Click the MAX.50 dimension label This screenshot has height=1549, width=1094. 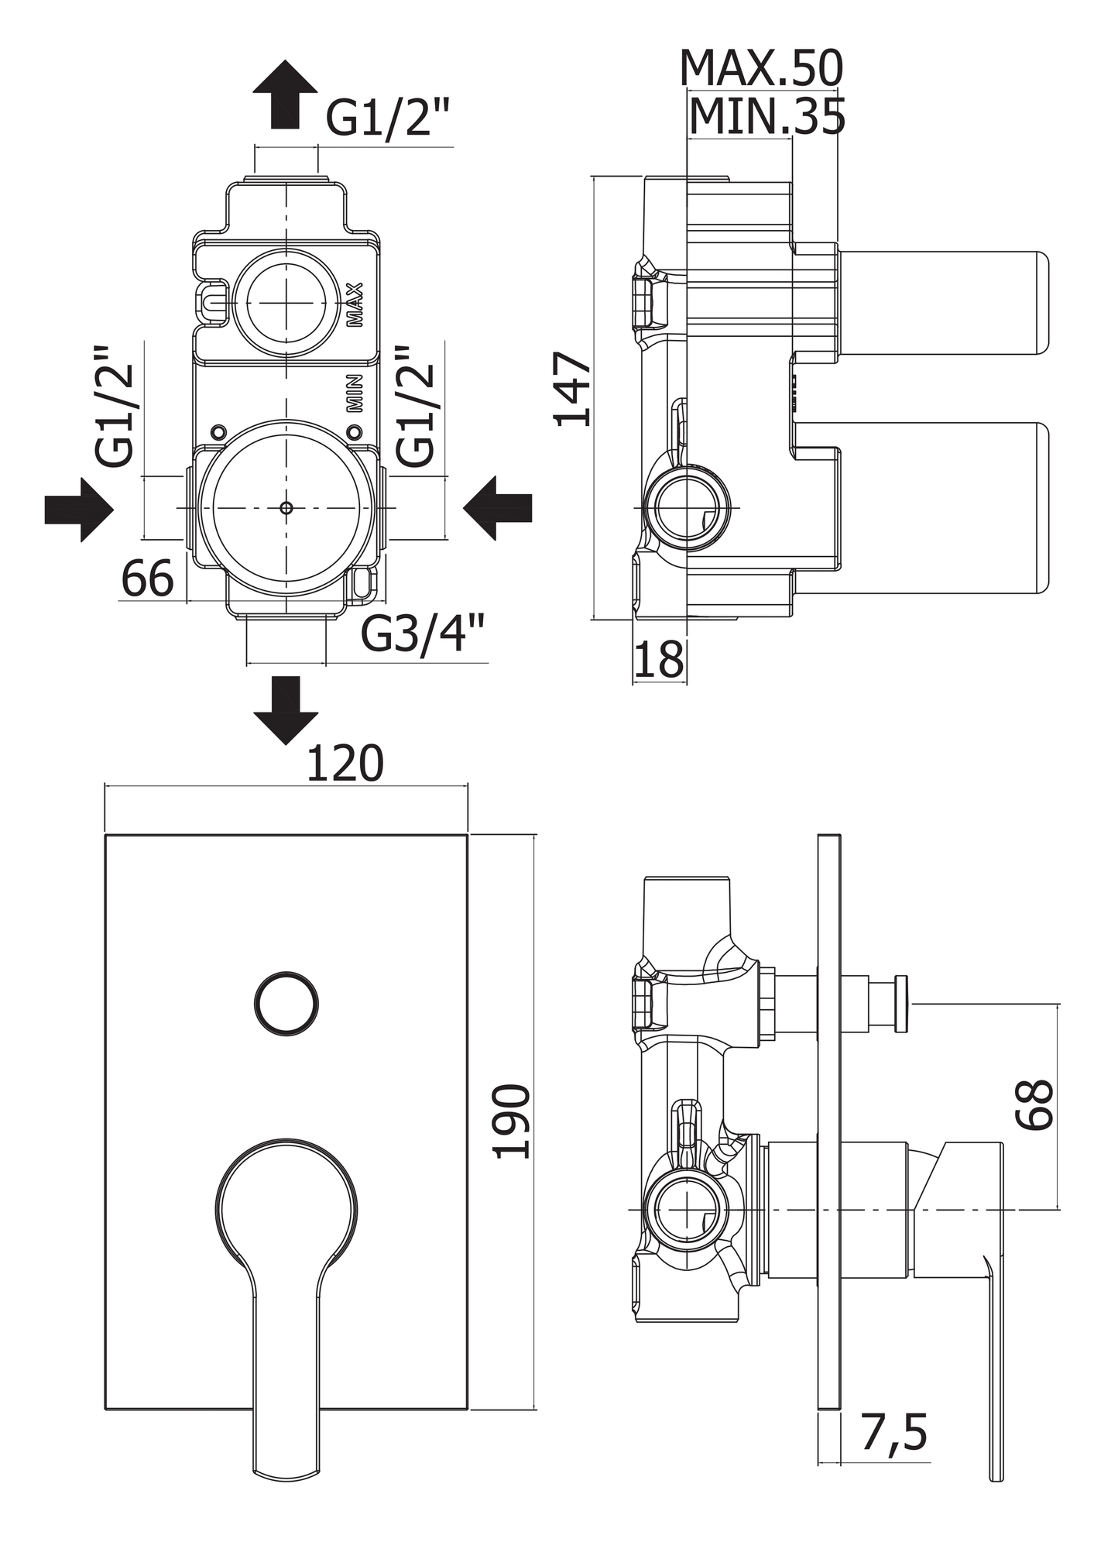[x=760, y=69]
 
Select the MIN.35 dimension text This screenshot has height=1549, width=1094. [x=766, y=117]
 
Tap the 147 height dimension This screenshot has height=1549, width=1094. [x=572, y=389]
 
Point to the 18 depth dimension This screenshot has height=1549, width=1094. [x=659, y=660]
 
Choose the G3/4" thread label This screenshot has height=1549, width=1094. [x=424, y=635]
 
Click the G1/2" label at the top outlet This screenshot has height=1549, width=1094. [x=387, y=118]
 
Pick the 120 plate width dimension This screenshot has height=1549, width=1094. [x=345, y=764]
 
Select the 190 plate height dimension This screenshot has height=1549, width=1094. [x=513, y=1121]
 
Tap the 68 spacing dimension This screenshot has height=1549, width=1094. [x=1035, y=1104]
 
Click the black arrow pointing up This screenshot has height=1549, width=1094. [x=285, y=94]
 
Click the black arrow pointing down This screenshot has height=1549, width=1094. [x=286, y=709]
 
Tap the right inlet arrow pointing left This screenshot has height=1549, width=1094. [x=498, y=508]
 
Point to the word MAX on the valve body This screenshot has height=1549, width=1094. [x=355, y=304]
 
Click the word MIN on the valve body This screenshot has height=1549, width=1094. [x=354, y=393]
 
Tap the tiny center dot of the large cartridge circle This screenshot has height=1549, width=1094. [x=286, y=508]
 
